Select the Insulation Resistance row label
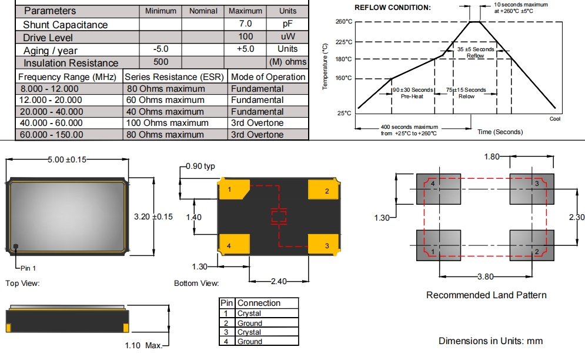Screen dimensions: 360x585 pos(71,63)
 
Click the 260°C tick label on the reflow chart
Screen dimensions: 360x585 pos(344,22)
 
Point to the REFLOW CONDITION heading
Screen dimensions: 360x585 pos(392,8)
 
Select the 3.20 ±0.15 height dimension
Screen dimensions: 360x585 pos(153,216)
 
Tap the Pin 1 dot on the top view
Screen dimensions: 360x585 pos(16,246)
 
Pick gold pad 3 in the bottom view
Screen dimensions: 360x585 pos(323,245)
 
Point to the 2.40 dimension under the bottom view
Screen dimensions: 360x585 pos(279,281)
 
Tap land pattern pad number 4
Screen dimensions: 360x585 pos(437,188)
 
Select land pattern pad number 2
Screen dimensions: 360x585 pos(531,246)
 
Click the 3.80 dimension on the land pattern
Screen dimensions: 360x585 pos(485,277)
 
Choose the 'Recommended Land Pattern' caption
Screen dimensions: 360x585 pos(486,295)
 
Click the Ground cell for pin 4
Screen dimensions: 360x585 pos(249,341)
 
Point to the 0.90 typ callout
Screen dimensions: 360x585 pos(200,166)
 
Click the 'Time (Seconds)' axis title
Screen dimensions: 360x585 pos(500,132)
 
